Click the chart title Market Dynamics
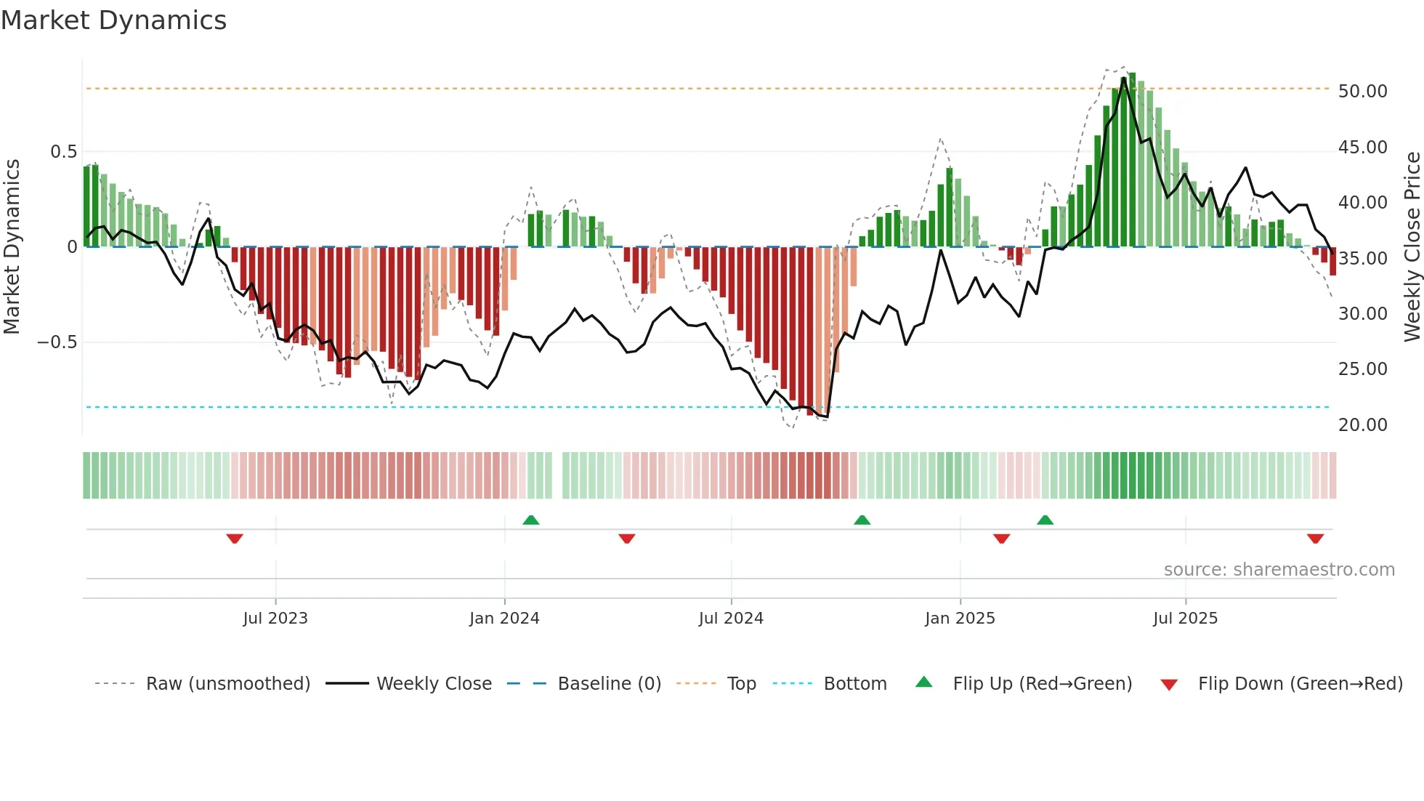point(113,20)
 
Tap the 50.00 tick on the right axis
point(1362,92)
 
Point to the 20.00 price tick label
point(1362,424)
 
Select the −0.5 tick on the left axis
point(57,342)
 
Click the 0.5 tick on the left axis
point(63,152)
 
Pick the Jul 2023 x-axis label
point(275,619)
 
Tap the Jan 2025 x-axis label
point(960,619)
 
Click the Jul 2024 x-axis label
point(731,619)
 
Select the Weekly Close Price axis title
point(1412,246)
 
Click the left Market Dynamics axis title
point(12,246)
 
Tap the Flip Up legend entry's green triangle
point(923,682)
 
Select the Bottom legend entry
point(854,684)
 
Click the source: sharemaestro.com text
point(1279,570)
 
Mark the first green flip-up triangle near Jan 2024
point(531,520)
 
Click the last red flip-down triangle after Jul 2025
point(1315,539)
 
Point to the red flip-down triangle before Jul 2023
point(235,539)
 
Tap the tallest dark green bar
point(1132,160)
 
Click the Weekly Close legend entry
point(434,684)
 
